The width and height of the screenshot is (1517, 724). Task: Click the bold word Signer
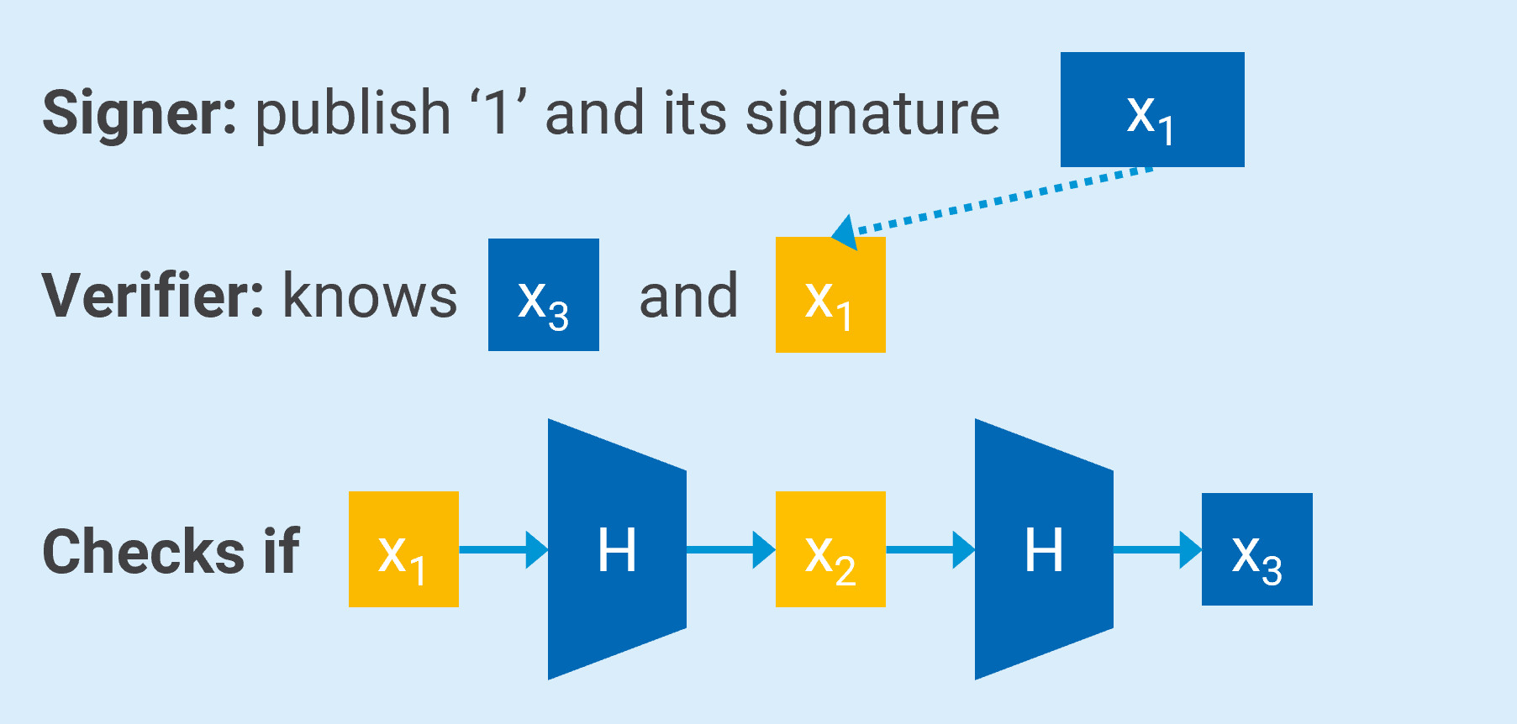tap(139, 113)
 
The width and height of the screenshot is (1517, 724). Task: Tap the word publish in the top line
tap(353, 113)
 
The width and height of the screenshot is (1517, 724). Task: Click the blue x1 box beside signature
tap(1151, 110)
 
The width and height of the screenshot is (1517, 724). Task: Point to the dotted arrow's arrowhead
tap(845, 231)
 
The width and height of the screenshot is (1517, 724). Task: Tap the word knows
tap(370, 296)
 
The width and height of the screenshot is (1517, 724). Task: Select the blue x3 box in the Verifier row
tap(543, 295)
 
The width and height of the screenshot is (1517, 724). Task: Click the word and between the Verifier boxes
tap(688, 296)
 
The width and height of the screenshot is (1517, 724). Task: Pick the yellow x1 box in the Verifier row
tap(830, 295)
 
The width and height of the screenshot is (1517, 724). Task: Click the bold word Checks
tap(144, 552)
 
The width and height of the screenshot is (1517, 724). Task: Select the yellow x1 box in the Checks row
tap(403, 549)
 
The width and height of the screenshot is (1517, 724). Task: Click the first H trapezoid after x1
tap(617, 549)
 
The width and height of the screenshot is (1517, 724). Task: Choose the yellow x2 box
tap(830, 549)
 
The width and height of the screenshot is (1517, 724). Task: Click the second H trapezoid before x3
tap(1044, 549)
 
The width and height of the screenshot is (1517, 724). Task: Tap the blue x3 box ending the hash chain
tap(1256, 549)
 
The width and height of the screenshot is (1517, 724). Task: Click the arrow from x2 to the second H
tap(930, 549)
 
